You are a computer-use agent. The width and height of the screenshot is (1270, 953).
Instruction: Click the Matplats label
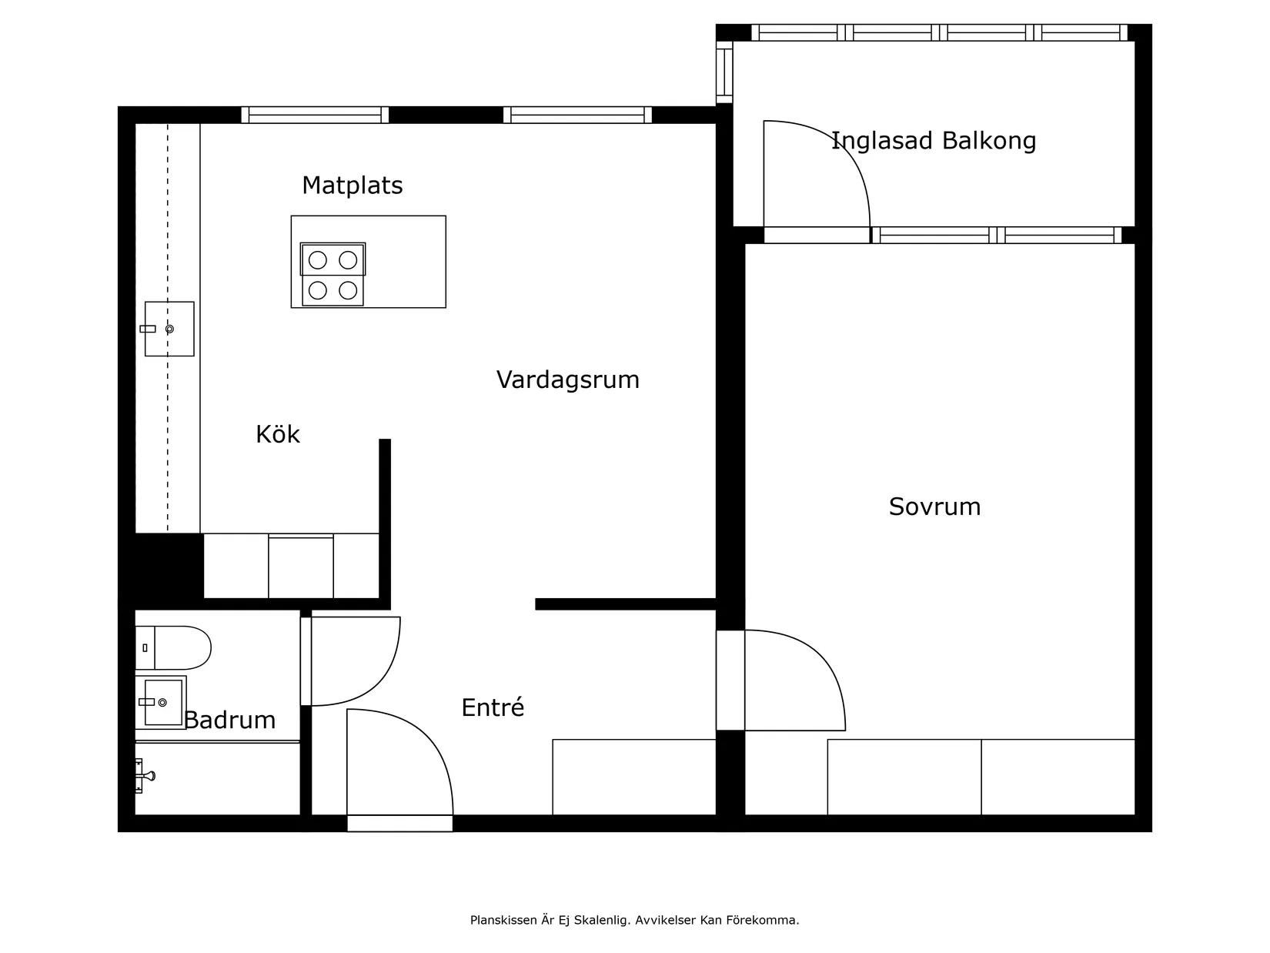(x=352, y=186)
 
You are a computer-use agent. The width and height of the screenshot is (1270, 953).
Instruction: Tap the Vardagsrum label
(x=567, y=380)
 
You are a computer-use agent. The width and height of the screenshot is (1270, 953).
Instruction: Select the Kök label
(x=277, y=434)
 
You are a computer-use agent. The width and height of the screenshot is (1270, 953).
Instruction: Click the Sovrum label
(x=934, y=507)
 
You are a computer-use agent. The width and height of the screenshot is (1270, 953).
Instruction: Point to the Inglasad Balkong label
(x=933, y=141)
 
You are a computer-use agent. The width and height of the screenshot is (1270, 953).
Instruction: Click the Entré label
(x=493, y=707)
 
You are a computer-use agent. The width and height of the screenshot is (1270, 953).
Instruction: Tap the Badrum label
(x=229, y=720)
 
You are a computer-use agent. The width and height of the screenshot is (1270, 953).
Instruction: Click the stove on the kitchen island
(x=333, y=275)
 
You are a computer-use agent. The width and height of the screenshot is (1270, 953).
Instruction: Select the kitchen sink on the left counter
(x=169, y=329)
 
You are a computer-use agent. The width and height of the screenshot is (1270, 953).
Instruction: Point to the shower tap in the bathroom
(x=145, y=776)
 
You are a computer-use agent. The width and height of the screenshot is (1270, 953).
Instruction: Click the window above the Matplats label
(x=315, y=115)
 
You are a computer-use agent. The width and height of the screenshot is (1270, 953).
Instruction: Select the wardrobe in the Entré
(x=633, y=777)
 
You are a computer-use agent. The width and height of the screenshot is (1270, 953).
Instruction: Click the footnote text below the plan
(x=634, y=920)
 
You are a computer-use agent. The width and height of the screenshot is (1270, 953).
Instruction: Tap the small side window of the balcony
(x=724, y=72)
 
